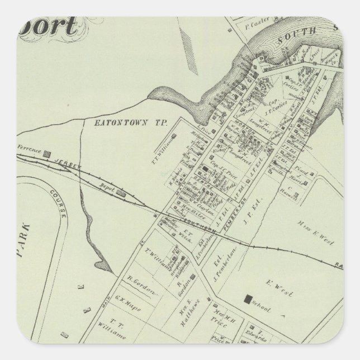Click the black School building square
coord(246,300)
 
